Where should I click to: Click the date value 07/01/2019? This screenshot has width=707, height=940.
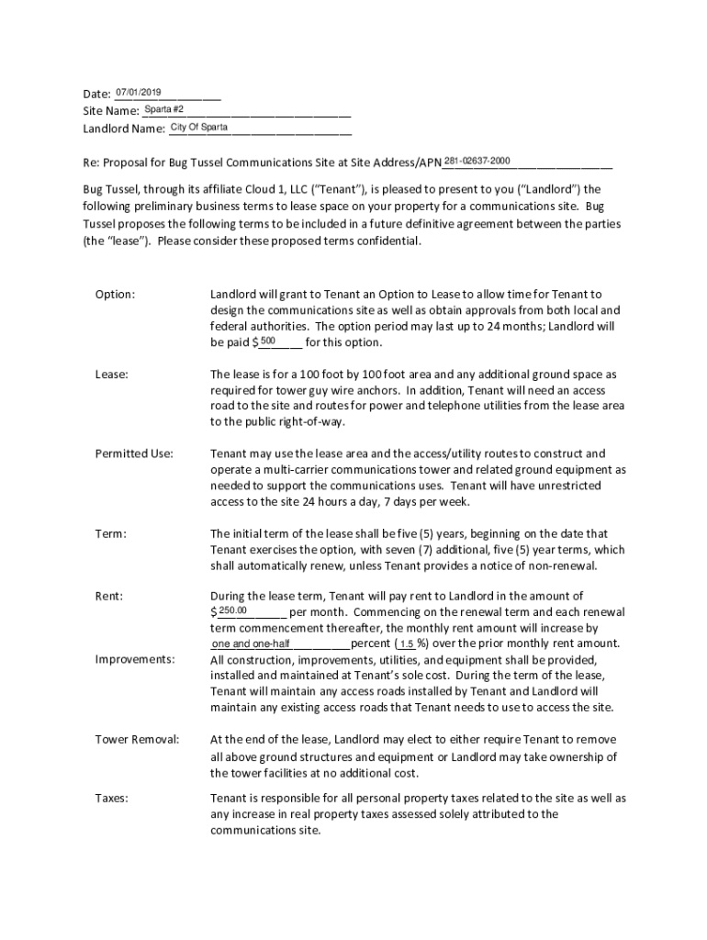(139, 92)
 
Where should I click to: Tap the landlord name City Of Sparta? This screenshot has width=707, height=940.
(199, 127)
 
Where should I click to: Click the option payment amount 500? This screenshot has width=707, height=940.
(267, 341)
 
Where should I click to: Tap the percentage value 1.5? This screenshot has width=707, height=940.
(407, 643)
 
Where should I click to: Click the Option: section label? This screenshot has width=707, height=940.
(115, 295)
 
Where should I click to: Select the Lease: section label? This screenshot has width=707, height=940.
(111, 375)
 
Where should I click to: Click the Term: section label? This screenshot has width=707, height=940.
(110, 533)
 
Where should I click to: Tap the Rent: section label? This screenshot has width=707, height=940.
(109, 597)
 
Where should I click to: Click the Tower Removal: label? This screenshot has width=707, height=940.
(137, 739)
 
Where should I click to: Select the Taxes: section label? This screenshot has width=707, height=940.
(111, 798)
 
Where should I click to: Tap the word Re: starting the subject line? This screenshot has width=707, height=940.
(91, 163)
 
